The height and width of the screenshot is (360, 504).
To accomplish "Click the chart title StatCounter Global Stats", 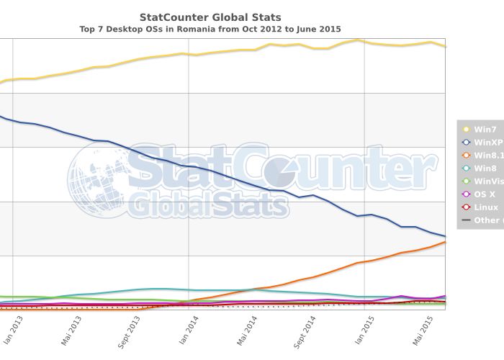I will pos(210,17).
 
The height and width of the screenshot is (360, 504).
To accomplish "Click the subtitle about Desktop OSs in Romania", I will pos(210,30).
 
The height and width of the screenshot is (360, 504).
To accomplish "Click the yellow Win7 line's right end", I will pos(445,46).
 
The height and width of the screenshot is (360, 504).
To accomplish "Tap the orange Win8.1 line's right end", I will pos(445,242).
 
